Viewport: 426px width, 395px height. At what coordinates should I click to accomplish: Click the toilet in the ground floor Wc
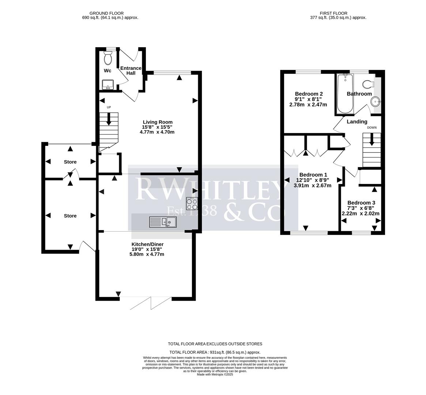point(108,58)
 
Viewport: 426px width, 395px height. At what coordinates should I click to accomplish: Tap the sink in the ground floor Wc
point(108,84)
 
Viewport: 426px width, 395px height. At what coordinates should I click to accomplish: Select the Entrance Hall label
point(131,71)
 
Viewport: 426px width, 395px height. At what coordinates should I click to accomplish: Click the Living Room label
point(157,122)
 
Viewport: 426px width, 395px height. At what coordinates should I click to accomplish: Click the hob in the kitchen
point(192,203)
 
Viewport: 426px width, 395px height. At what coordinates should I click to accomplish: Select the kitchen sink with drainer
point(163,222)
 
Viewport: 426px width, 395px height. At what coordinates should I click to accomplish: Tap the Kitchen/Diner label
point(147,244)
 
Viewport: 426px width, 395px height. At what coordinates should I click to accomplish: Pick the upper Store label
point(70,162)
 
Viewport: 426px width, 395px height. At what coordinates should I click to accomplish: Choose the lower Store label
point(70,216)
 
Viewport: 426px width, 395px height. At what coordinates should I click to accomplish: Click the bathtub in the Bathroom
point(345,94)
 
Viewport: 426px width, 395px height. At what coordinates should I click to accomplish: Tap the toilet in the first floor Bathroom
point(368,84)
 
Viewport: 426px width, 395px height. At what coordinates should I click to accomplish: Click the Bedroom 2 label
point(309,94)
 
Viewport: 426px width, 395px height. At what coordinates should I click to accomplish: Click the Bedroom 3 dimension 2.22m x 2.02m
point(361,214)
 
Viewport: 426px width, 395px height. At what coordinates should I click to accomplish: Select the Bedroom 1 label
point(313,175)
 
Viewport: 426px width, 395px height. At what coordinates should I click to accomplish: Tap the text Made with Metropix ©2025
point(215,374)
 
